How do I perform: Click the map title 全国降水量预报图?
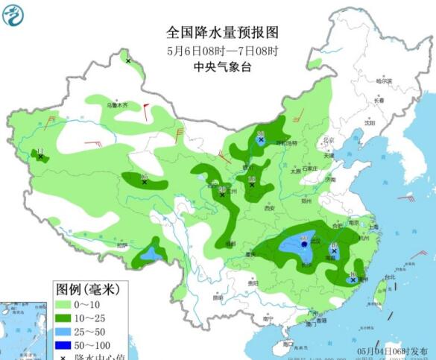[x=221, y=33]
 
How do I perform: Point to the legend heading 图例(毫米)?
[x=80, y=288]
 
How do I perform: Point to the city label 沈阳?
[x=370, y=123]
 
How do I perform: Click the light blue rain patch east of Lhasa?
[x=152, y=254]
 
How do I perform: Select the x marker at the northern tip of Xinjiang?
[x=128, y=60]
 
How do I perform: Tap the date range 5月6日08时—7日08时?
[x=221, y=51]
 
